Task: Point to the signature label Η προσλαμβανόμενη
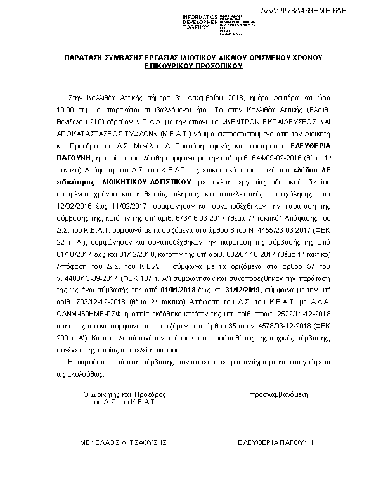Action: pyautogui.click(x=274, y=394)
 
